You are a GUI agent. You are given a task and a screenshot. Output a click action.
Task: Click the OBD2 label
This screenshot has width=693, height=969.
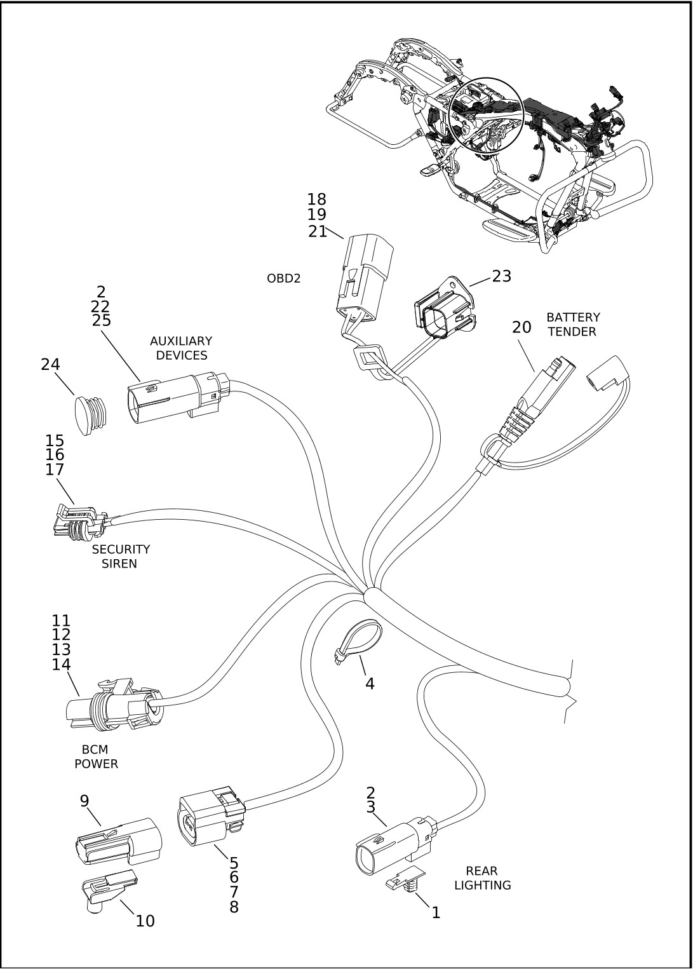tap(283, 278)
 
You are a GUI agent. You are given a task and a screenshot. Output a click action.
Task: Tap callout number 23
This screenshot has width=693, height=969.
tap(501, 276)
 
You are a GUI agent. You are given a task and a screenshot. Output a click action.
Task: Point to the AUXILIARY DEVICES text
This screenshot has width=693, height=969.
tap(181, 348)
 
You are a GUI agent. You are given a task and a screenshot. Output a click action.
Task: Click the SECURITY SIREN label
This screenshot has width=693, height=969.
tap(120, 556)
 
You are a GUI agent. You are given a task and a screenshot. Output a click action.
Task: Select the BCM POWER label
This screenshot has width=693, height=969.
tap(96, 757)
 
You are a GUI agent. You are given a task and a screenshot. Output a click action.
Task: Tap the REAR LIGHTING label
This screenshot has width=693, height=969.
tap(482, 878)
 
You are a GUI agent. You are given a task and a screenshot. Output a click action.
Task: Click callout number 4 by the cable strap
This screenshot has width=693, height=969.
tap(370, 684)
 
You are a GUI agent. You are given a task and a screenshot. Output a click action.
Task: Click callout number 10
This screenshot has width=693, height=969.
tap(145, 921)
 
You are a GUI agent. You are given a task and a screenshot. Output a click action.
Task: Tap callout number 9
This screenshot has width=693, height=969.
tap(84, 801)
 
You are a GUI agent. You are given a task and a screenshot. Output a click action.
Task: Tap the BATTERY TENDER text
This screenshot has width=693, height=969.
tap(572, 324)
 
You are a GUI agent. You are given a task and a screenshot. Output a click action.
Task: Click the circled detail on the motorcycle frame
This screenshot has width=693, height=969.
tap(485, 114)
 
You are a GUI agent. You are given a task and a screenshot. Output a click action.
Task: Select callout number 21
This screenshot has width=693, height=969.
tap(317, 232)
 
